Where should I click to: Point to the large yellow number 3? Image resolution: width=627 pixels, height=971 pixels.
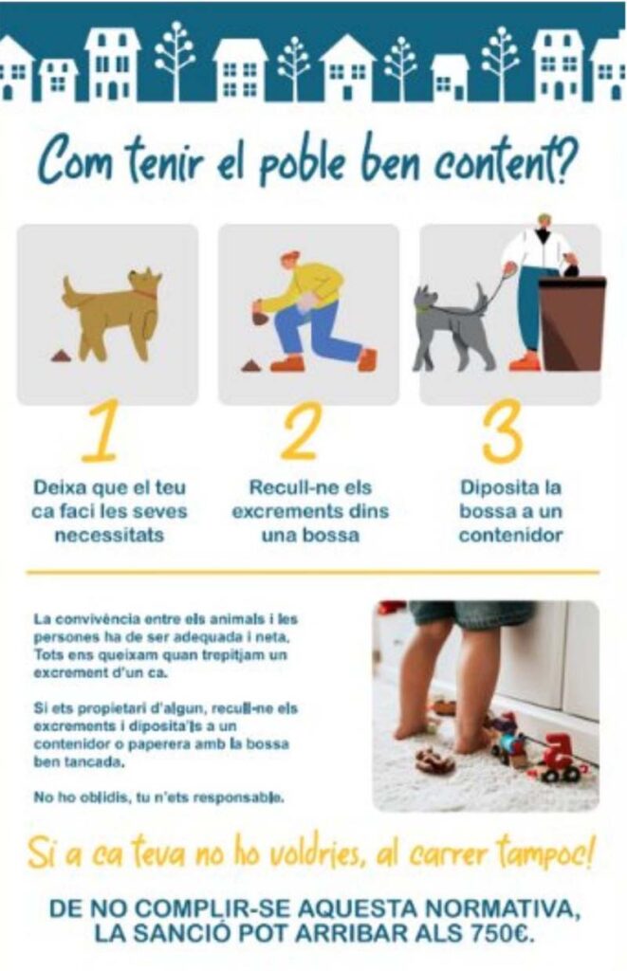502,431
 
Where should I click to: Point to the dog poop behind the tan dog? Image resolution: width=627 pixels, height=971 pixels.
62,357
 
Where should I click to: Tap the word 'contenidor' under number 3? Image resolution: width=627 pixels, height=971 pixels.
510,535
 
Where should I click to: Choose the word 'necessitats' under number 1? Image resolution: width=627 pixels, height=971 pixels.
110,535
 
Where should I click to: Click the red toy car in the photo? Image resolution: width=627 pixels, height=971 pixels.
560,760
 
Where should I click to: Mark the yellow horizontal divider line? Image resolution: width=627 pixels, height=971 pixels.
313,573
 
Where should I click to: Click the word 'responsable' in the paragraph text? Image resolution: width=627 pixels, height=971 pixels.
238,797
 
